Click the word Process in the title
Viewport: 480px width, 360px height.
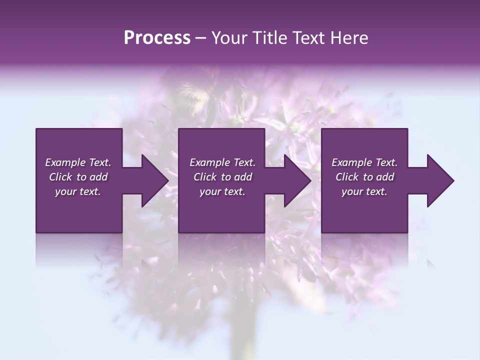(x=157, y=38)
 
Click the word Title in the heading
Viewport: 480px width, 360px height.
(x=269, y=38)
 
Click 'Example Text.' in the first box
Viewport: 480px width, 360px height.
(x=78, y=162)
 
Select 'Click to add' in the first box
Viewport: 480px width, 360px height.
(x=78, y=177)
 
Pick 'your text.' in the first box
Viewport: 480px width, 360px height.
(x=78, y=191)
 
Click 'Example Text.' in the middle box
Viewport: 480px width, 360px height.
(x=222, y=162)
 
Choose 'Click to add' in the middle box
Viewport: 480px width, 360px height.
(x=222, y=177)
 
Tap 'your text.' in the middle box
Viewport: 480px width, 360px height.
(x=222, y=191)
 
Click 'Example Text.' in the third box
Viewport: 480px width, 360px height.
(x=364, y=162)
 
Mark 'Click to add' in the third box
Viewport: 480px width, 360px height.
(x=364, y=177)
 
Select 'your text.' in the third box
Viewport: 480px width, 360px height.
(x=364, y=191)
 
